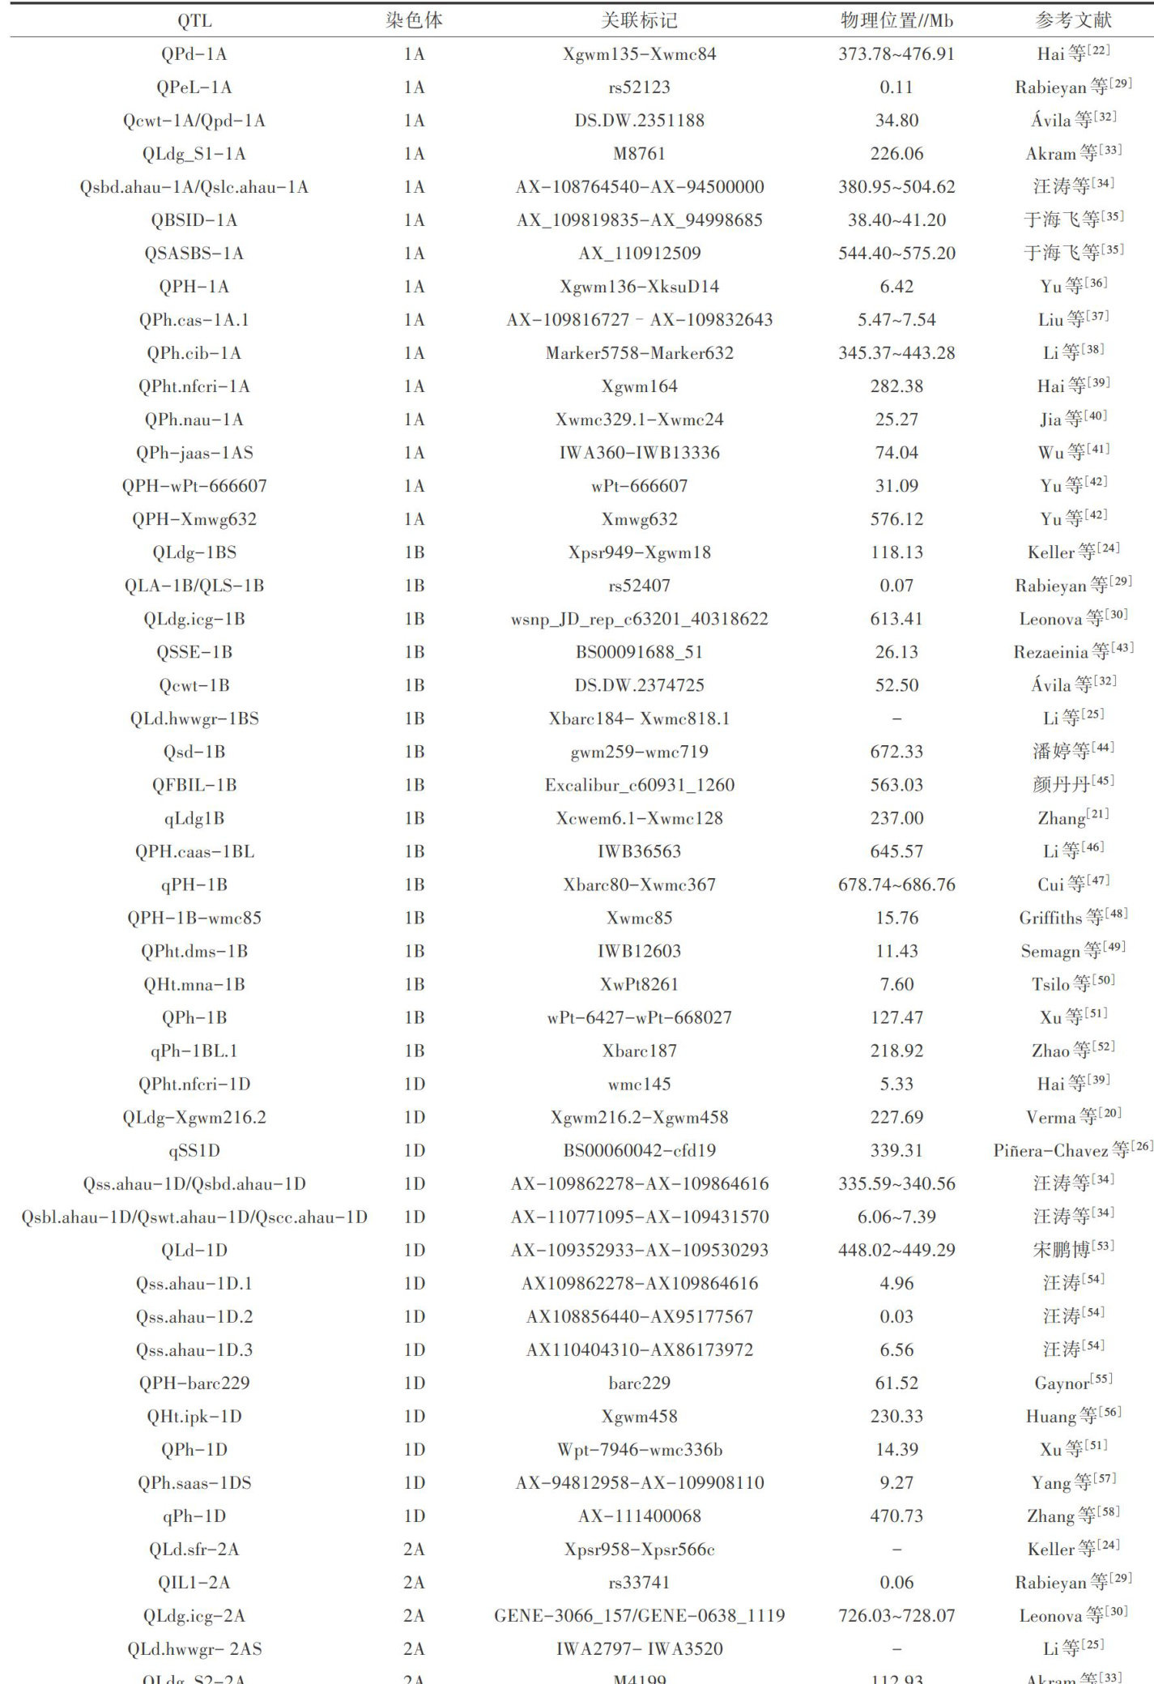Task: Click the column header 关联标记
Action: (x=639, y=20)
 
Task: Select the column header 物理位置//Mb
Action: (x=896, y=20)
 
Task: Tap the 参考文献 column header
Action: (x=1073, y=20)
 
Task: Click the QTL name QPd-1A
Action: (x=194, y=54)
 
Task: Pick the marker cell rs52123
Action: (x=639, y=87)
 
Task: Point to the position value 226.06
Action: (x=896, y=154)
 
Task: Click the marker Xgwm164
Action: (x=639, y=386)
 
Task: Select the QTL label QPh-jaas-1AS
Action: (x=194, y=453)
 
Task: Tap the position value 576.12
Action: (x=896, y=519)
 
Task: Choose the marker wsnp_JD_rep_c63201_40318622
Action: (x=639, y=619)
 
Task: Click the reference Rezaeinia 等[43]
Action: (x=1073, y=652)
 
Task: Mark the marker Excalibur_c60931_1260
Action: (x=639, y=785)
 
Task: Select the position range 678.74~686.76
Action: (x=896, y=885)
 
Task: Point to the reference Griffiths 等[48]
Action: (x=1073, y=918)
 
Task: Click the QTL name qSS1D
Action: (x=194, y=1151)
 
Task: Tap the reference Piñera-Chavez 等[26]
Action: (x=1073, y=1151)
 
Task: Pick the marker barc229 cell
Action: (x=639, y=1383)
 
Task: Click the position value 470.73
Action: (x=896, y=1516)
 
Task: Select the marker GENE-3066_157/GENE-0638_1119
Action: (x=639, y=1616)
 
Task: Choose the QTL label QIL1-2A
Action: (x=194, y=1583)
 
